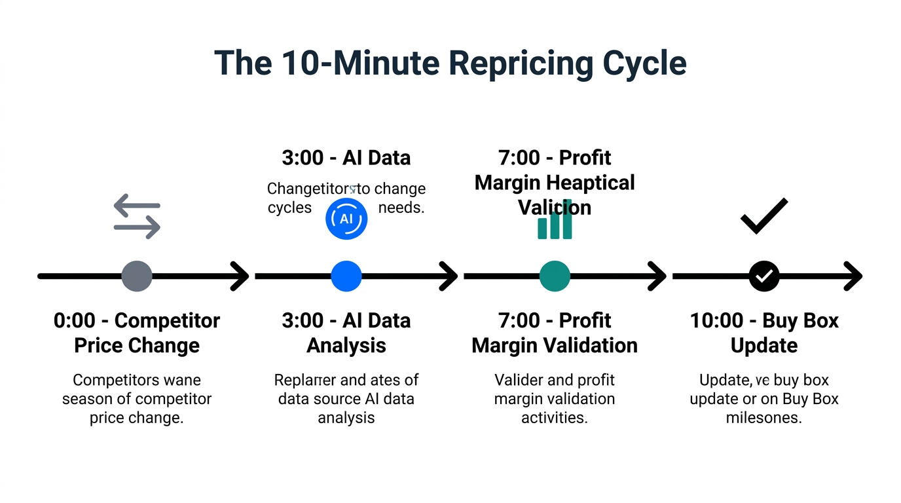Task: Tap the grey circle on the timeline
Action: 137,276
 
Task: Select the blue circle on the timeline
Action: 346,276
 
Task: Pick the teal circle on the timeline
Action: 555,276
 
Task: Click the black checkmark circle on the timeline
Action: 763,276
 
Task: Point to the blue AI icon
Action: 346,219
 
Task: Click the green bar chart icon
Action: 555,221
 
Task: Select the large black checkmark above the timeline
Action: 763,216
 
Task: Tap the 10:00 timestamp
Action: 716,321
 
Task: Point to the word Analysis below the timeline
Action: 346,345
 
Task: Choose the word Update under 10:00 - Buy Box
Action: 763,345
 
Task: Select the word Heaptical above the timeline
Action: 591,182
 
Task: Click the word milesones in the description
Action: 763,417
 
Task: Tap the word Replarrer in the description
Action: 304,380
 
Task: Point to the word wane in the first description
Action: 181,380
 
